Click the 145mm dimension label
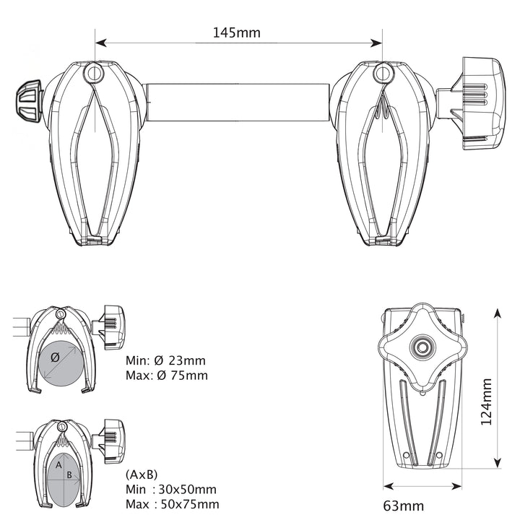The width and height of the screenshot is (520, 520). (x=236, y=32)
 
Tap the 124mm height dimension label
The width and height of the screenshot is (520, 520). (x=486, y=402)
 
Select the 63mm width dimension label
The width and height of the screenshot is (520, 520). (x=403, y=506)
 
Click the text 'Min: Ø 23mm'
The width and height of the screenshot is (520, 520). (x=165, y=360)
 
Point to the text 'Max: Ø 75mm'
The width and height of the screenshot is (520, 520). (x=167, y=376)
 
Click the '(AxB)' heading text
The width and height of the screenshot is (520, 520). (x=142, y=474)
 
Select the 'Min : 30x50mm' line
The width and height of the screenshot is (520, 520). (x=170, y=490)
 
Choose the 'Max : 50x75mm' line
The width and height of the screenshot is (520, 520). (x=172, y=504)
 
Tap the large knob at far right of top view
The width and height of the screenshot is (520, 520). (x=480, y=103)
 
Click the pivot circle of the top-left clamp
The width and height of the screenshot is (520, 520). (x=94, y=73)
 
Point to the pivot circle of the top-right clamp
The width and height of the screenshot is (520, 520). (x=383, y=73)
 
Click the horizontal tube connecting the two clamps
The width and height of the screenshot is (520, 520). (x=237, y=103)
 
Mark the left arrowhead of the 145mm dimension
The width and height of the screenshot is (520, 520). (x=101, y=43)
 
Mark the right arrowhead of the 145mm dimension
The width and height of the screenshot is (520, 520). (x=377, y=43)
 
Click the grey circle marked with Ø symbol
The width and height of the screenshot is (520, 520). (x=61, y=363)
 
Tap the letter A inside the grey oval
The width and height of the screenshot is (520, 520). (x=58, y=465)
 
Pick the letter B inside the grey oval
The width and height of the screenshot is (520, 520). (x=69, y=475)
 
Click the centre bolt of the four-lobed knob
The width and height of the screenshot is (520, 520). (x=422, y=347)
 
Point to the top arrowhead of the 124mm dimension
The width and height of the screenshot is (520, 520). (x=497, y=313)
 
